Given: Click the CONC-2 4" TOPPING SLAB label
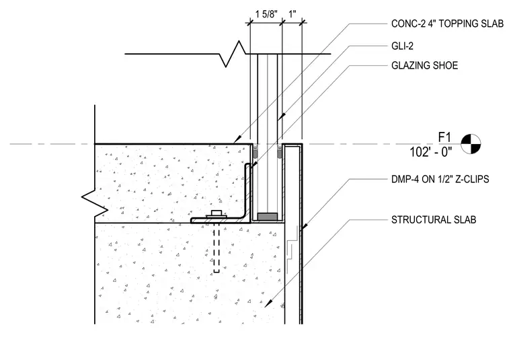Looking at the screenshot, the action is click(x=447, y=24).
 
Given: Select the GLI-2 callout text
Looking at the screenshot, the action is click(x=402, y=46).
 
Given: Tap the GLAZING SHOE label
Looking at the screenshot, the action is click(x=424, y=65).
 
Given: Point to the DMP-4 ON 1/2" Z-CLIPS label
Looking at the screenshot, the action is click(x=440, y=179).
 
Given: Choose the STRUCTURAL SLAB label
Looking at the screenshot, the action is click(x=434, y=220).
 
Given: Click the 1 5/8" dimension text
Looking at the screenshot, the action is click(x=266, y=14).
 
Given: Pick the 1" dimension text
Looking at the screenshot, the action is click(x=292, y=14).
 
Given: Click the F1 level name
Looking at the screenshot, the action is click(x=444, y=137).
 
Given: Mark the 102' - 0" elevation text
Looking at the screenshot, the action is click(x=431, y=152).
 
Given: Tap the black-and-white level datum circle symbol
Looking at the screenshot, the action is click(x=471, y=144).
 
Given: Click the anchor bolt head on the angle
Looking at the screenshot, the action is click(x=217, y=214).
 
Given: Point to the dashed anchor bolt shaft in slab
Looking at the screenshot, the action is click(x=217, y=248).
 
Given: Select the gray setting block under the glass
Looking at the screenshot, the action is click(x=268, y=217).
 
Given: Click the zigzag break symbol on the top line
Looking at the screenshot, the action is click(x=233, y=54).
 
